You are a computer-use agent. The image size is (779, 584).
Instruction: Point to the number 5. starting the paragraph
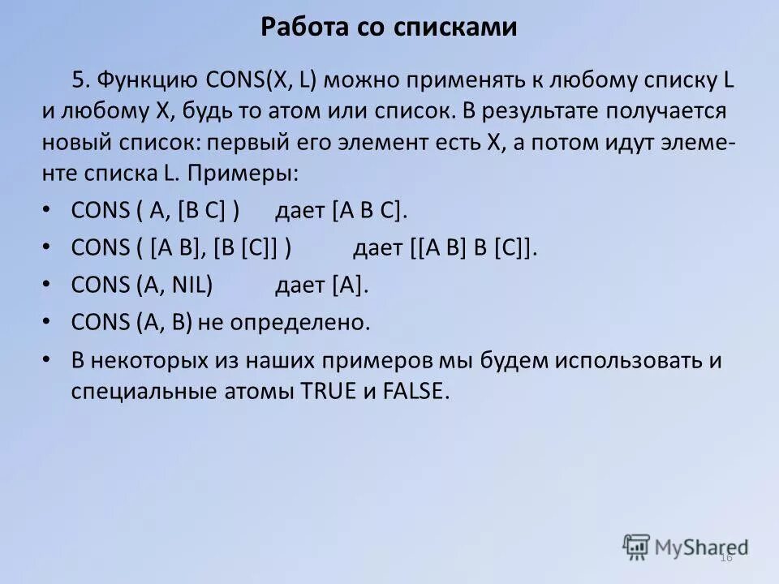82,79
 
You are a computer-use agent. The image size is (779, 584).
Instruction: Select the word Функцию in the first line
148,79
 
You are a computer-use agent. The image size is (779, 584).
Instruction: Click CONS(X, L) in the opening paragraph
264,79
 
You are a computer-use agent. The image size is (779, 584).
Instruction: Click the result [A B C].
369,211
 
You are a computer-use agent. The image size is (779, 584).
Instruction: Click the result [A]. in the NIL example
350,286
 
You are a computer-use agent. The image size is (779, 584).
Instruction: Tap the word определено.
300,323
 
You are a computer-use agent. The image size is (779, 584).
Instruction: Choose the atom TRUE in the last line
329,391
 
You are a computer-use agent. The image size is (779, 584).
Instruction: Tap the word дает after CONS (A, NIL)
300,286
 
